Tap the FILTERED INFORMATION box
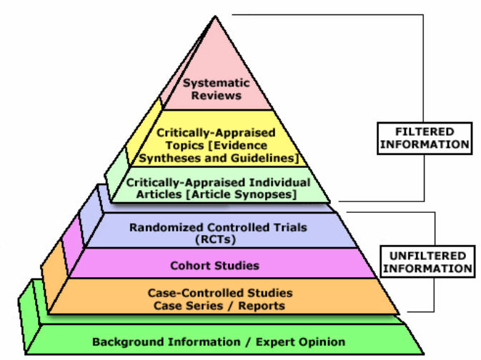[x=425, y=138]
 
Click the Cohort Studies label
[x=214, y=266]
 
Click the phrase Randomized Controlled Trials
[x=218, y=228]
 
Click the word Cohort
[x=191, y=266]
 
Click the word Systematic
[x=212, y=83]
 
